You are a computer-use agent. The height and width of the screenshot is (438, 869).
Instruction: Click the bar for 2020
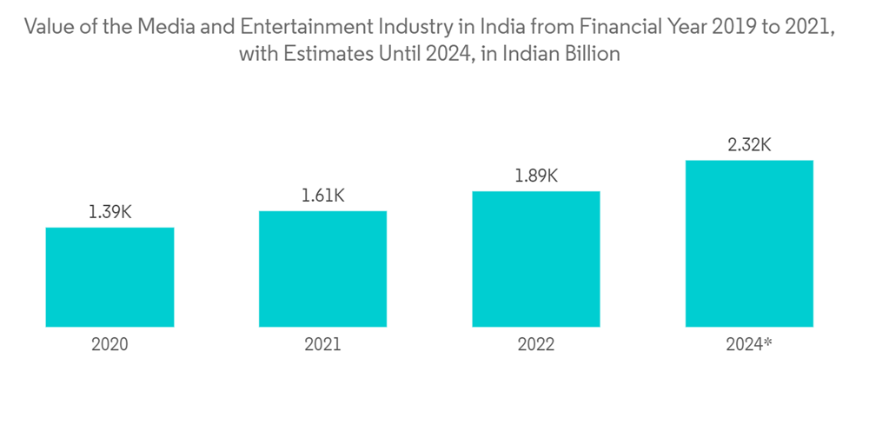(109, 277)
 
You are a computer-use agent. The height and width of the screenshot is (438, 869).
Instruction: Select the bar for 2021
(322, 269)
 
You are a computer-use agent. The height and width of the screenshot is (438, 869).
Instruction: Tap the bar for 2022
(536, 259)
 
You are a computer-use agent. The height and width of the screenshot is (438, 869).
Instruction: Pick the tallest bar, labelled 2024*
(749, 243)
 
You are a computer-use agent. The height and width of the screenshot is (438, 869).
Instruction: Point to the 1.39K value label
(109, 212)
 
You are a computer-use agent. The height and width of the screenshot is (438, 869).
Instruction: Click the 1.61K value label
(322, 196)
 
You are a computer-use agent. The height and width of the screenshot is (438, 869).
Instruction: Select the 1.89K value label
(536, 176)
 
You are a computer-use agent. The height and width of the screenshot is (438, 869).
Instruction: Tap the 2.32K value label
(749, 145)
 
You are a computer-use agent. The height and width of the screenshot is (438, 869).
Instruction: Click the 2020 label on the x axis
(109, 345)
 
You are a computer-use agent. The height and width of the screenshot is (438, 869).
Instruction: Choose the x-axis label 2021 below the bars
(322, 345)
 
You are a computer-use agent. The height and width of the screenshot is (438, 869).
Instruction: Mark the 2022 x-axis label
(536, 345)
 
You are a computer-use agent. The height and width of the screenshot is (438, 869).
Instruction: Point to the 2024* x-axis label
(749, 345)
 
